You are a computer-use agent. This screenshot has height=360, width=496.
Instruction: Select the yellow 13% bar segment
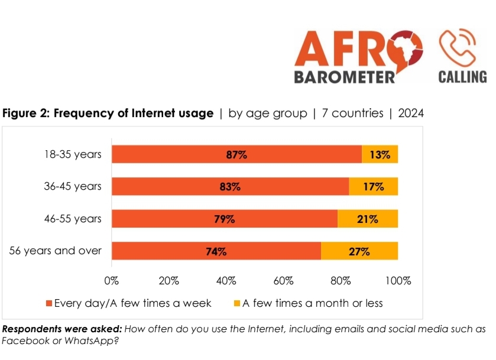[380, 155]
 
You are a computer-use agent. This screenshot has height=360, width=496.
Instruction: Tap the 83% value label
[229, 187]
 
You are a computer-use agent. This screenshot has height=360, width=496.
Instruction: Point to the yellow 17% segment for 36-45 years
[373, 187]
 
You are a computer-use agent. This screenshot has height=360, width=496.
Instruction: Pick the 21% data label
[367, 219]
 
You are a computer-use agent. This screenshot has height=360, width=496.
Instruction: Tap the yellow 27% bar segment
[359, 251]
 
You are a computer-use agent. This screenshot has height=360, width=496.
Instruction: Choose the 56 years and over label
[56, 251]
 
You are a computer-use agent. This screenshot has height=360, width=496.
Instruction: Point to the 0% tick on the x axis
[112, 280]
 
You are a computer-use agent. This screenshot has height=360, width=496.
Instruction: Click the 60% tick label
[284, 280]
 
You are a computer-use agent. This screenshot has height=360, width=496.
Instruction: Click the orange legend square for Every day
[49, 304]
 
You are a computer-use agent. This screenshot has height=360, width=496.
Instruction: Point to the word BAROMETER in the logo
[344, 77]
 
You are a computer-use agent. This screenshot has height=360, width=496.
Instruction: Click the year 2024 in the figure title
[411, 113]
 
